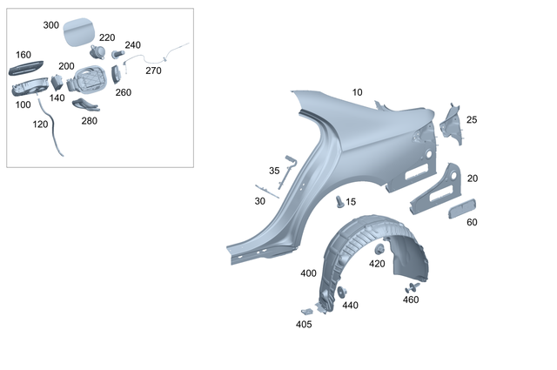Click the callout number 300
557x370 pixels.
(51, 25)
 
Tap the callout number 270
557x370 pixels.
(153, 71)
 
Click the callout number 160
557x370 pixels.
(23, 55)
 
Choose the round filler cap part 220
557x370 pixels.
(97, 52)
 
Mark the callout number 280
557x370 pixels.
(89, 121)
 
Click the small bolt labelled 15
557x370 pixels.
(339, 202)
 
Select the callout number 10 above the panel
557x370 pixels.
(357, 92)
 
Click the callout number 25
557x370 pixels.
(472, 119)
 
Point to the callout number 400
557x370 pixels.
(308, 273)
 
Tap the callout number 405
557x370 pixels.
(304, 325)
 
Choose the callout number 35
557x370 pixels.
(274, 171)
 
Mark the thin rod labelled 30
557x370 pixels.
(266, 190)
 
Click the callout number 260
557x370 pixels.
(123, 92)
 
